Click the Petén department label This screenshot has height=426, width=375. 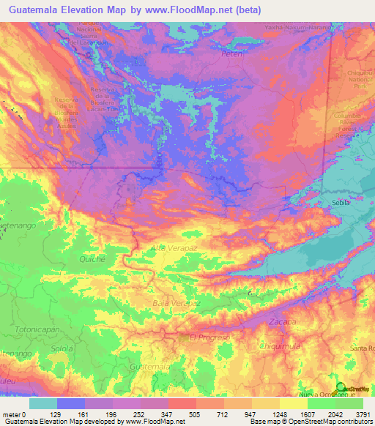click(231, 54)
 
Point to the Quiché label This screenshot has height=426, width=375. click(93, 259)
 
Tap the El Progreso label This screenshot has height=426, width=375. click(209, 337)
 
